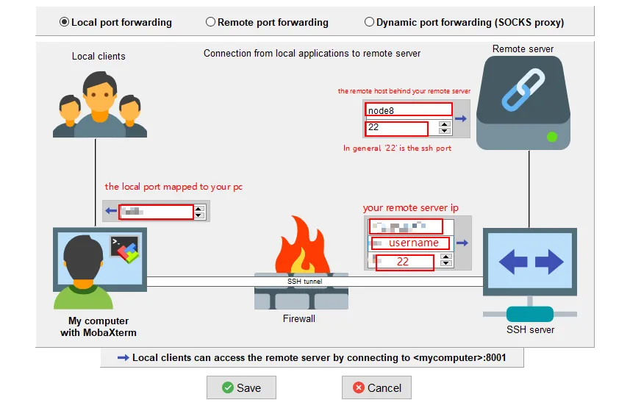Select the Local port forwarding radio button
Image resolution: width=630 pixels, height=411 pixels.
(65, 22)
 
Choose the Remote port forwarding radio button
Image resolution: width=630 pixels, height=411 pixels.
(211, 22)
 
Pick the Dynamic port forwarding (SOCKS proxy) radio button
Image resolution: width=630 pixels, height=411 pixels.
(369, 22)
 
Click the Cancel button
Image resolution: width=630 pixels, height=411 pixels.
(376, 387)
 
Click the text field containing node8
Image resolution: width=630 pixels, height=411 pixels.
(408, 110)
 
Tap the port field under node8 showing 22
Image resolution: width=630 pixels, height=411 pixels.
(396, 128)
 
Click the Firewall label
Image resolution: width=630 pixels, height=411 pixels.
(299, 319)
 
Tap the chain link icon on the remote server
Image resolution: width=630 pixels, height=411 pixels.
(523, 89)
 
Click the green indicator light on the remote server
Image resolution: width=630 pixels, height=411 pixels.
(551, 137)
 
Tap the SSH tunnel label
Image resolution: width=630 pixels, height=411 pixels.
(304, 281)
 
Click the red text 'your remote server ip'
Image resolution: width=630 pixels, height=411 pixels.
(410, 208)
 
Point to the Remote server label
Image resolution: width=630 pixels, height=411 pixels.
(523, 49)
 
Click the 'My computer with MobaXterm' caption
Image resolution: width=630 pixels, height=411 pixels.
(99, 326)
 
